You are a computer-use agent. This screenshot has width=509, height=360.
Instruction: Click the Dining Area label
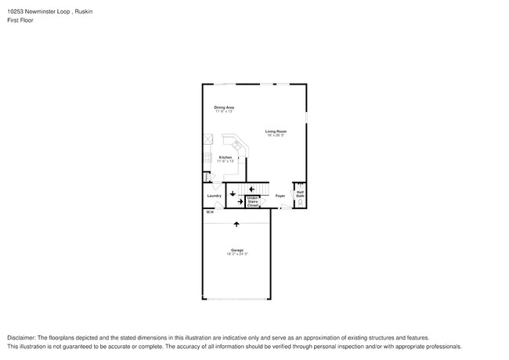[225, 107]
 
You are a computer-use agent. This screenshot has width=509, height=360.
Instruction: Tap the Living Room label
[275, 131]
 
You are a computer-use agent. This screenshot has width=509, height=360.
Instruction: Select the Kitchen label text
[225, 157]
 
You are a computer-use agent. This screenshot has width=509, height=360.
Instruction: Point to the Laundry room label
[214, 196]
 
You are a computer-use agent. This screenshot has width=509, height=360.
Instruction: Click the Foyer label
[280, 196]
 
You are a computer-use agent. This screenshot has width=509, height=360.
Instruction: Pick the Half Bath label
[300, 193]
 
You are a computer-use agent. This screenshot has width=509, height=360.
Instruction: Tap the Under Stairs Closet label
[253, 200]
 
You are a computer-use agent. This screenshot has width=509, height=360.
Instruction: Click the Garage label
[236, 250]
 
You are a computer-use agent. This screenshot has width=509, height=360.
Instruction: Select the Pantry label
[206, 177]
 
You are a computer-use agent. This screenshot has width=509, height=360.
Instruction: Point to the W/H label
[209, 213]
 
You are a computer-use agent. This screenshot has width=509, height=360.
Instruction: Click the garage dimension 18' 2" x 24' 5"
[236, 254]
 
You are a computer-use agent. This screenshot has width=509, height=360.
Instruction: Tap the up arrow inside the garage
[236, 225]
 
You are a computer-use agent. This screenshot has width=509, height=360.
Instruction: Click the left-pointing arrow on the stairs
[252, 188]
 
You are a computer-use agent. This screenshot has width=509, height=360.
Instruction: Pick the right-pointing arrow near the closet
[240, 201]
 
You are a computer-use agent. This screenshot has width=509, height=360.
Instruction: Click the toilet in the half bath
[298, 203]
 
